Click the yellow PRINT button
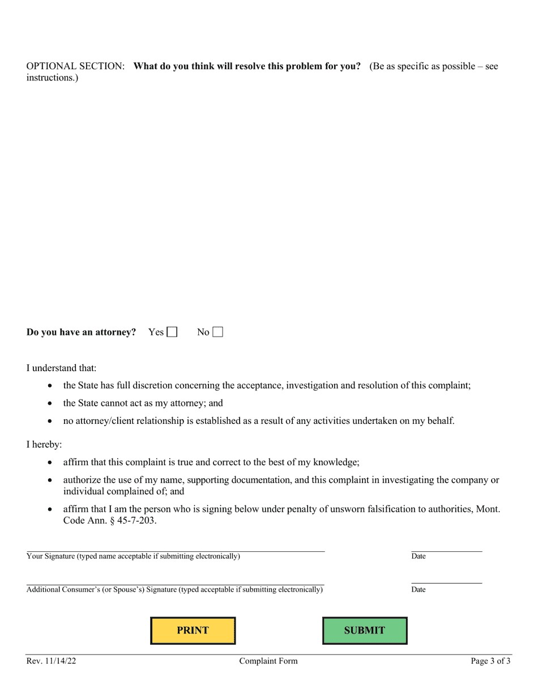click(x=193, y=630)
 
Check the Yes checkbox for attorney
click(x=172, y=332)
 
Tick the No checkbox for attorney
click(x=217, y=332)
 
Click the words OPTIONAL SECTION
click(x=75, y=66)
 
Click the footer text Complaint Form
click(x=268, y=661)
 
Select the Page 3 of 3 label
click(x=490, y=661)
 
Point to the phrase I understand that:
click(x=61, y=368)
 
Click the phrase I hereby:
click(x=44, y=444)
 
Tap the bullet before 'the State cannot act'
click(x=50, y=403)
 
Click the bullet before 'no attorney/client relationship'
click(x=50, y=421)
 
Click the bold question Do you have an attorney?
click(x=81, y=332)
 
